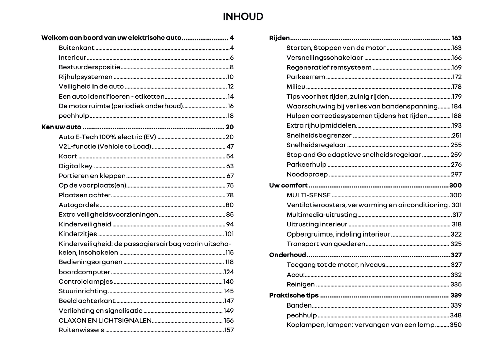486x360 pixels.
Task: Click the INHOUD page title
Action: click(243, 16)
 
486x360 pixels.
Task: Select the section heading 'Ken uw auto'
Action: click(61, 127)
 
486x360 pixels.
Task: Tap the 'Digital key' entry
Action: click(75, 166)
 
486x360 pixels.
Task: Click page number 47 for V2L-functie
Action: click(230, 146)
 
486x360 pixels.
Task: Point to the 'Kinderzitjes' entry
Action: click(78, 234)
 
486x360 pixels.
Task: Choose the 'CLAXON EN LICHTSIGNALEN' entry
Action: click(105, 320)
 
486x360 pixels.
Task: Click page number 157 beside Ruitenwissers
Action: click(229, 330)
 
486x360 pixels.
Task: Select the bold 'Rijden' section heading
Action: click(279, 38)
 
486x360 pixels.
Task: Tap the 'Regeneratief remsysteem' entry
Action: click(329, 67)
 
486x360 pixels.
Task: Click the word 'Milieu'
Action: click(296, 87)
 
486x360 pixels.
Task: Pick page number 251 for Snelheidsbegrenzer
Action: click(457, 135)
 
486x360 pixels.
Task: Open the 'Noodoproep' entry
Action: click(307, 174)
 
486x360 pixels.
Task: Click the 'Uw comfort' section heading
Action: click(288, 185)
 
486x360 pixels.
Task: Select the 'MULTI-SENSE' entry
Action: click(308, 195)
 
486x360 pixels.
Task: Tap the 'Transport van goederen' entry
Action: click(326, 244)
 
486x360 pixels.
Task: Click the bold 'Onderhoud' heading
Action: click(288, 255)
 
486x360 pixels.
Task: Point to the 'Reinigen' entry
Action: click(300, 284)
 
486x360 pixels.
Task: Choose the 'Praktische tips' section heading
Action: click(294, 295)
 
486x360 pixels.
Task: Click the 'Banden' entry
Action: click(299, 305)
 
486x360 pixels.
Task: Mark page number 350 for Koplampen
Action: click(456, 325)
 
